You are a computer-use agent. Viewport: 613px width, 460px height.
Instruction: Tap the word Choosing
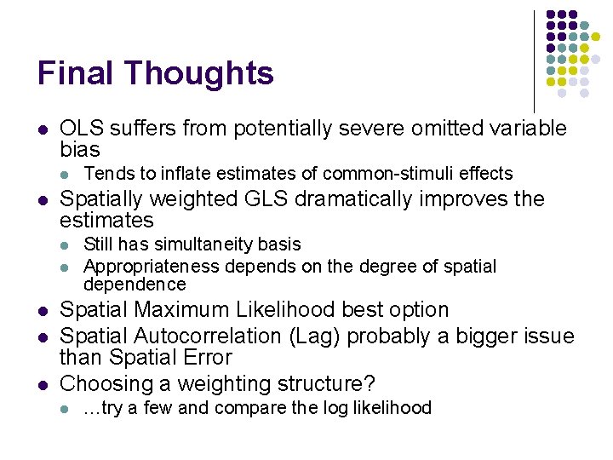click(x=101, y=383)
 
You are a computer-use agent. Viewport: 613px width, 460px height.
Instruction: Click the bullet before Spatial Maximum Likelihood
click(x=42, y=311)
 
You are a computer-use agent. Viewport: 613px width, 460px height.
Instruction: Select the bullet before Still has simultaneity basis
click(x=67, y=245)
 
